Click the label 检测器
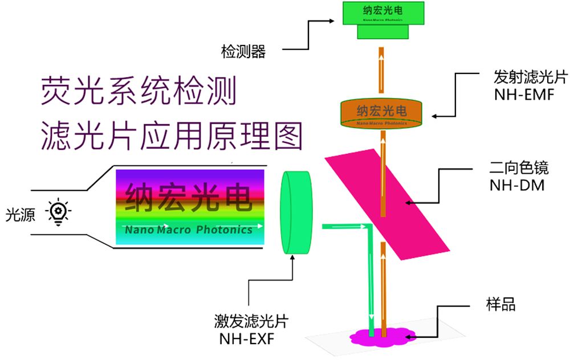pos(243,52)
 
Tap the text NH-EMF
pos(523,95)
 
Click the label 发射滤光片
pos(523,77)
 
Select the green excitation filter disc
pos(296,212)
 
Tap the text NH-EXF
pos(246,339)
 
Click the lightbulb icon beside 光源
pos(59,212)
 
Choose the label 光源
pos(20,214)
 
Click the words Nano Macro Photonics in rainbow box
pos(189,230)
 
